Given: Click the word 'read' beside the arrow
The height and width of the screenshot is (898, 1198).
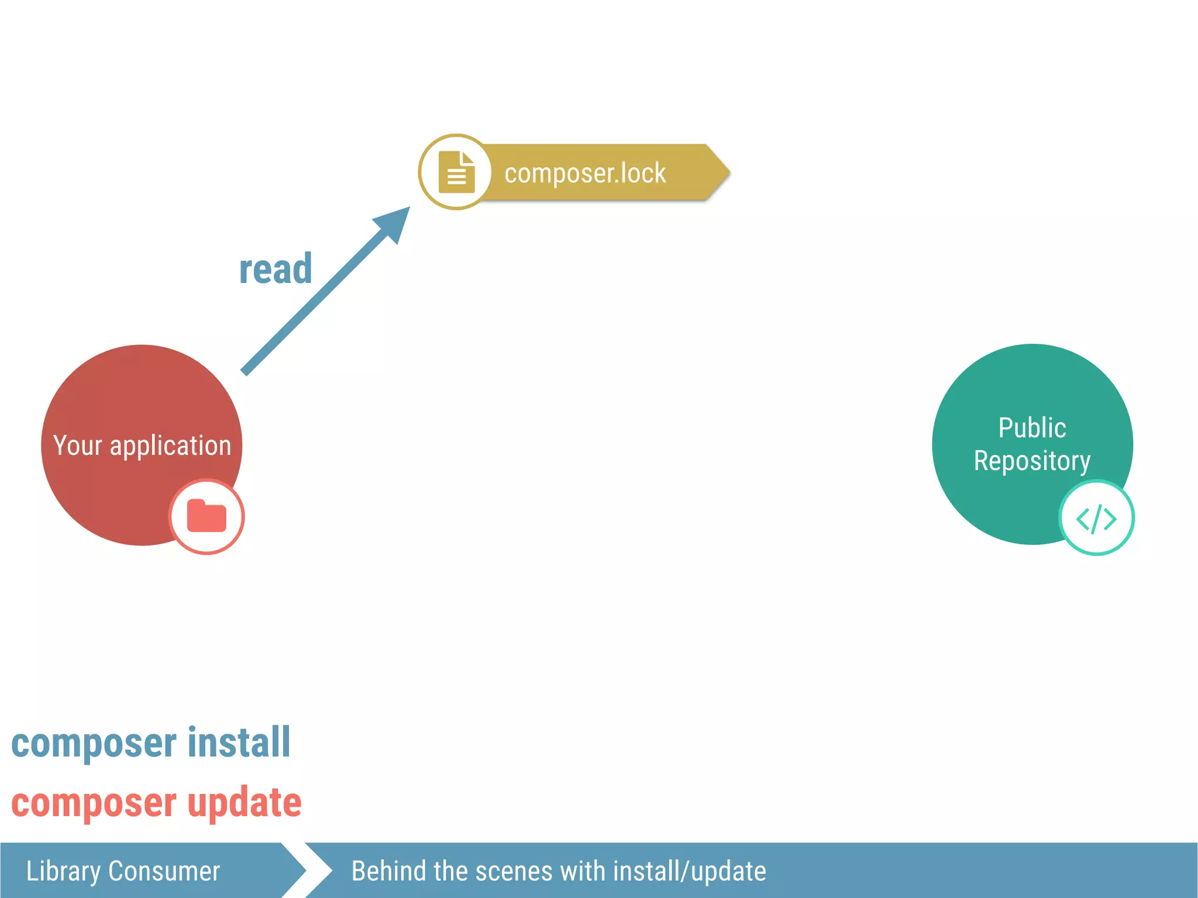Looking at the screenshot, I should (x=276, y=270).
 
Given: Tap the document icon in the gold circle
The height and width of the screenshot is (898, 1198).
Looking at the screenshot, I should (x=456, y=172).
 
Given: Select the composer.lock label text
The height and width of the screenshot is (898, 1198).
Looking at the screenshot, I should (x=585, y=173).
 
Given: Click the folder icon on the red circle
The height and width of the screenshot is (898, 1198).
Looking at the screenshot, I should (x=206, y=516).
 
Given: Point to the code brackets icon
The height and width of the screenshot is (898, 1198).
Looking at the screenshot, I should (x=1096, y=518).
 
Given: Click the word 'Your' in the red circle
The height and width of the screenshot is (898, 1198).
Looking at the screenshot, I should (x=77, y=445).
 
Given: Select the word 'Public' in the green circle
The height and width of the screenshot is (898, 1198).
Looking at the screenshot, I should (x=1032, y=428).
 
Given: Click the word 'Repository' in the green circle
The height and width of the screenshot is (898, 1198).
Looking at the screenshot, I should (x=1032, y=461).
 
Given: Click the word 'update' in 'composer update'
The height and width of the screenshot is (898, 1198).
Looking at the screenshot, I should (x=245, y=802).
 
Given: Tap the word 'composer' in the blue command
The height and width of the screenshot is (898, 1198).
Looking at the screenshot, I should (x=94, y=744).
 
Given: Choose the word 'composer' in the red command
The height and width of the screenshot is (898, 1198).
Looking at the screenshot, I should (x=94, y=803).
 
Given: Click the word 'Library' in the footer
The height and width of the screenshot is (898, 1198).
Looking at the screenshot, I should (x=63, y=871).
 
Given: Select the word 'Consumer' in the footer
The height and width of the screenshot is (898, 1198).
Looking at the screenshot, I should (x=164, y=871).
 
